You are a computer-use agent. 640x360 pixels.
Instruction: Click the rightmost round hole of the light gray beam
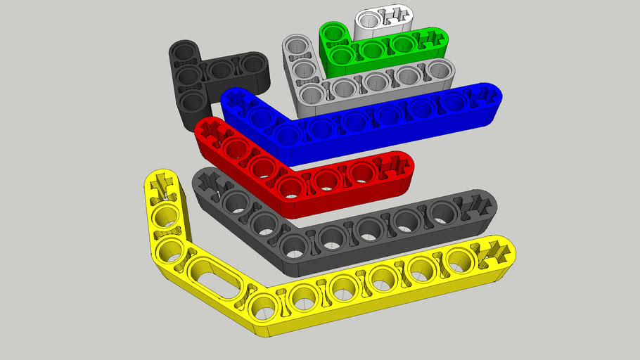tap(438, 70)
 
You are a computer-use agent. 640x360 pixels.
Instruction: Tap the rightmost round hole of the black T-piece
tap(251, 65)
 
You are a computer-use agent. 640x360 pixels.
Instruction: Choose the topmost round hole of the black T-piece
tap(184, 52)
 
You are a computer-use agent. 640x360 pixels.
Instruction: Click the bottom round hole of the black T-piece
tap(191, 101)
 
